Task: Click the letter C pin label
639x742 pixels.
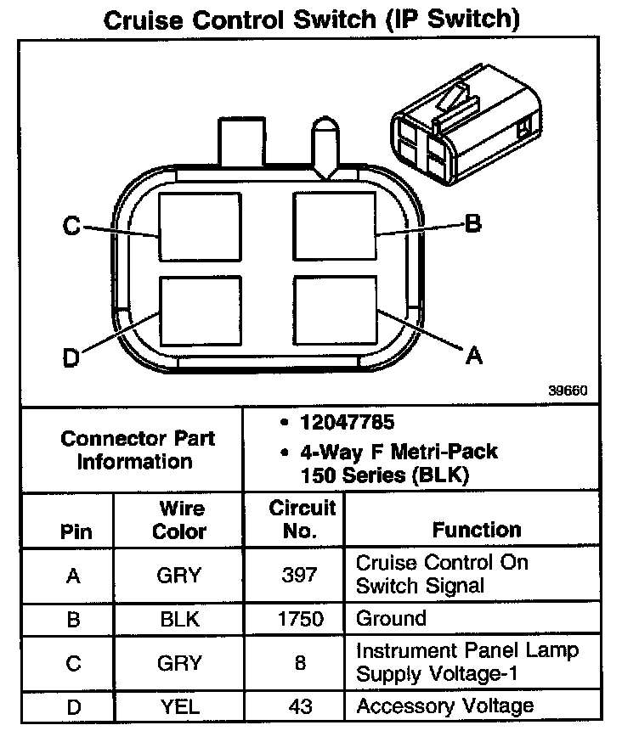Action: click(x=71, y=227)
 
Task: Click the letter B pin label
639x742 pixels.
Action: click(x=472, y=224)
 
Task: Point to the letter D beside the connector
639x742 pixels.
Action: click(x=72, y=359)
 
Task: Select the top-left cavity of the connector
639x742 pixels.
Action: click(x=201, y=226)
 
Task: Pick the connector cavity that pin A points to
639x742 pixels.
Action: click(x=334, y=311)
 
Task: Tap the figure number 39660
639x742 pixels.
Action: click(x=567, y=391)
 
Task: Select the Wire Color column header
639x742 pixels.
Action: click(x=180, y=520)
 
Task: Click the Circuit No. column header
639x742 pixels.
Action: click(x=302, y=520)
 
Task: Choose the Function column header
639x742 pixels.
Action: click(x=476, y=531)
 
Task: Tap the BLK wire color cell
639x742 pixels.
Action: click(x=179, y=619)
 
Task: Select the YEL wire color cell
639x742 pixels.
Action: click(x=179, y=705)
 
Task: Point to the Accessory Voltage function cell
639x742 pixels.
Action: click(x=444, y=705)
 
